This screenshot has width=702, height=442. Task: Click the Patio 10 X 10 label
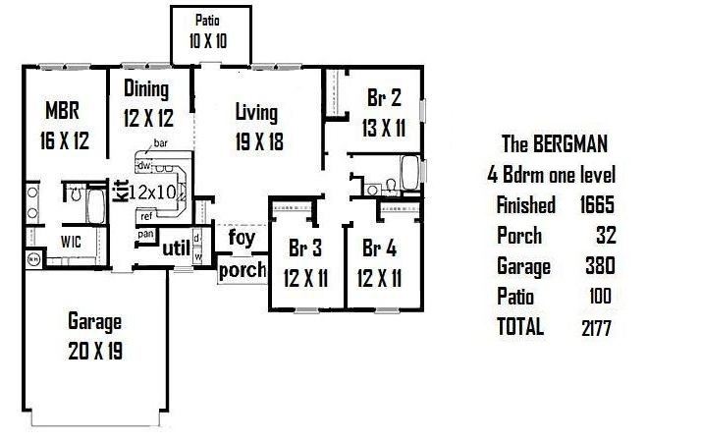tap(208, 32)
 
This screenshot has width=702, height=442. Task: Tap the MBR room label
tap(62, 110)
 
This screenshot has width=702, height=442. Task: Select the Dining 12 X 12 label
tap(148, 103)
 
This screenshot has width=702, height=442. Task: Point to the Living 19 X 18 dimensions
tap(259, 142)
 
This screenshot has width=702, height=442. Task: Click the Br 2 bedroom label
tap(384, 98)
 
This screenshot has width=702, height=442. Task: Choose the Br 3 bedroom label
tap(305, 248)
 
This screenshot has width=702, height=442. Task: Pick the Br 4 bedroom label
tap(379, 248)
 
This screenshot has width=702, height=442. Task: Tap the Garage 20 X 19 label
tap(95, 336)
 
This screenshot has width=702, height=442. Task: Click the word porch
tap(243, 270)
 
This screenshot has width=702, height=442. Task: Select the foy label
tap(242, 238)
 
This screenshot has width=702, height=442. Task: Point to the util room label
tap(176, 249)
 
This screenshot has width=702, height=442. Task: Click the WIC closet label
tap(71, 242)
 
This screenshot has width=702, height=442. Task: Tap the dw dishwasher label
tap(144, 166)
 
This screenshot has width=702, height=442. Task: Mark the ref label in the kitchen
tap(146, 216)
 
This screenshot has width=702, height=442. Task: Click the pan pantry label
tap(146, 234)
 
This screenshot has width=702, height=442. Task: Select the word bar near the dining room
tap(161, 143)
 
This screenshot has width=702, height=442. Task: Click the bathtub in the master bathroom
tap(96, 206)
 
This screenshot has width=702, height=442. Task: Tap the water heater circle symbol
tap(33, 259)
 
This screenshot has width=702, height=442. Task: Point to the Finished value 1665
tap(597, 205)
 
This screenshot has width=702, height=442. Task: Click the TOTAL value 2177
tap(596, 328)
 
